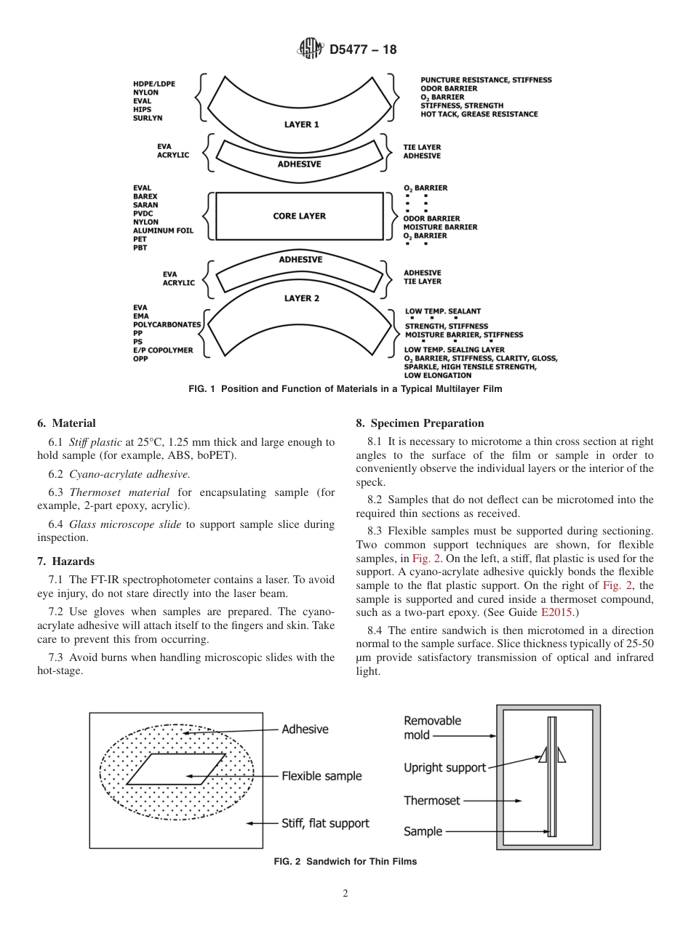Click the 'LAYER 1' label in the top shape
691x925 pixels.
(301, 124)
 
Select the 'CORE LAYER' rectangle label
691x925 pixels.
(299, 216)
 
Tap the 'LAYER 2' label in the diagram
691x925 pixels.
(301, 298)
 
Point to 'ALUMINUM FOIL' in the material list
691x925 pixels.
(164, 231)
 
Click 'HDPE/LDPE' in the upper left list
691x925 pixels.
(153, 84)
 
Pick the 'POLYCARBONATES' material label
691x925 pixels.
(167, 324)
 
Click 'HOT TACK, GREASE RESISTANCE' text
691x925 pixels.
(479, 114)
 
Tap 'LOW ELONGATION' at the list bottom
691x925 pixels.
(438, 375)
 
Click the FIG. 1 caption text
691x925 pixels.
(345, 389)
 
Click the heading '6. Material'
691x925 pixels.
(66, 423)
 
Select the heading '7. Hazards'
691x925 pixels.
(65, 561)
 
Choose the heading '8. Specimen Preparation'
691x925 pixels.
(420, 423)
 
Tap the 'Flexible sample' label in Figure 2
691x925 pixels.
(321, 776)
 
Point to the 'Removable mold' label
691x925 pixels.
(432, 728)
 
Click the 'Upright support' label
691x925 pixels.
(444, 767)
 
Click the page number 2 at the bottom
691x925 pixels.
(345, 894)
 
